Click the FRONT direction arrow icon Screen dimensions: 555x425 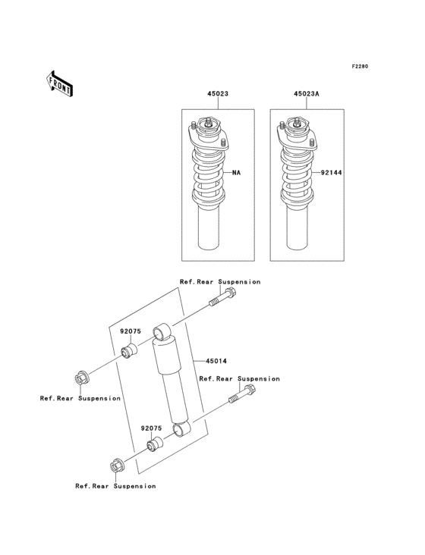click(59, 83)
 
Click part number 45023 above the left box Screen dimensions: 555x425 click(218, 96)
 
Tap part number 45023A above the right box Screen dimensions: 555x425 click(307, 96)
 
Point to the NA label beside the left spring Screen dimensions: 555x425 click(236, 173)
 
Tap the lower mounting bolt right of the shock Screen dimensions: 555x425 click(243, 394)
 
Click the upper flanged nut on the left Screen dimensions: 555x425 click(82, 377)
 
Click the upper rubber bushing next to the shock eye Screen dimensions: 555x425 click(129, 351)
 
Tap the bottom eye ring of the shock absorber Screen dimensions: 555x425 click(182, 431)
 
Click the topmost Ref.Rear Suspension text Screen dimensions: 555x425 click(219, 282)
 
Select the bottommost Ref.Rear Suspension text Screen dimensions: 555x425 click(115, 486)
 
